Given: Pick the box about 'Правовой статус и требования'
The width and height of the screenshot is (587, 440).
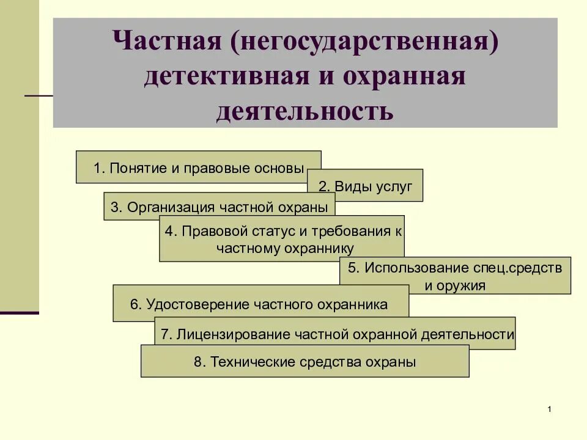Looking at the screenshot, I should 282,239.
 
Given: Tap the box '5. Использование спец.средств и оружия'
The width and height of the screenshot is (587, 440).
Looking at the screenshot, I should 455,276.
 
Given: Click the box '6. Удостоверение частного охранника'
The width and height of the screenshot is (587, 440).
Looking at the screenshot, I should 260,304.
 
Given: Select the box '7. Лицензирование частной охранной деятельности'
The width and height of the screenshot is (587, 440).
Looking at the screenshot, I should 335,334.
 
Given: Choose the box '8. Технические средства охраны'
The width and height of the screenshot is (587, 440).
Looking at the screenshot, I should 305,362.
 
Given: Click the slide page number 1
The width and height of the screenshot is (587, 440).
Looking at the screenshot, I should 550,409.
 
